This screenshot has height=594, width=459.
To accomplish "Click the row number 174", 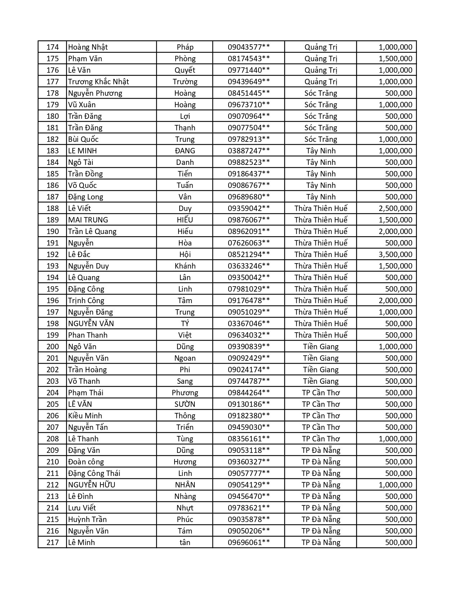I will tap(53, 47).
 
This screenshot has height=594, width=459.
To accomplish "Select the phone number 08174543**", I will tap(249, 59).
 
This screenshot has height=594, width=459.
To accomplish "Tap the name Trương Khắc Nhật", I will tap(98, 82).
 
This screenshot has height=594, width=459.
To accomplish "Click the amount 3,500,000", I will tap(395, 255).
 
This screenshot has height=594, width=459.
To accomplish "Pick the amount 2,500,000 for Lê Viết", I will tap(395, 208).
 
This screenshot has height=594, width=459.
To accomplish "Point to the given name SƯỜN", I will tap(185, 404).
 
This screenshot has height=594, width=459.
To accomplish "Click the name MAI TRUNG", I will tap(88, 220).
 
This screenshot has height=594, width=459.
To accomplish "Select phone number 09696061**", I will tap(249, 543).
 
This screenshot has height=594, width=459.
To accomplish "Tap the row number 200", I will tap(53, 347).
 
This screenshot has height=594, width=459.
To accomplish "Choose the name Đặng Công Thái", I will tap(94, 473).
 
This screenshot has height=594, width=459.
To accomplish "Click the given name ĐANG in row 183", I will tap(185, 151).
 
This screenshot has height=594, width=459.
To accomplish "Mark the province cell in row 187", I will tap(321, 197).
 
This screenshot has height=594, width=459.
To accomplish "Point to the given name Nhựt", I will tap(185, 508).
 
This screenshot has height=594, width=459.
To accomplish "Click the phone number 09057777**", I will tap(249, 473).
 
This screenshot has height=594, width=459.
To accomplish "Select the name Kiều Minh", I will tap(85, 416).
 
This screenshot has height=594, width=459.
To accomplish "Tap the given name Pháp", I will tap(185, 47).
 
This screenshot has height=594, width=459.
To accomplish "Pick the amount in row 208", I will tap(395, 439).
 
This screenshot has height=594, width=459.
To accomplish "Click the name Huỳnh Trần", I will tap(87, 519).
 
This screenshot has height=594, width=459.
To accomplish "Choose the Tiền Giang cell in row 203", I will tap(321, 381).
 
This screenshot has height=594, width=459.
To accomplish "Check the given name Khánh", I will tap(185, 266).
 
